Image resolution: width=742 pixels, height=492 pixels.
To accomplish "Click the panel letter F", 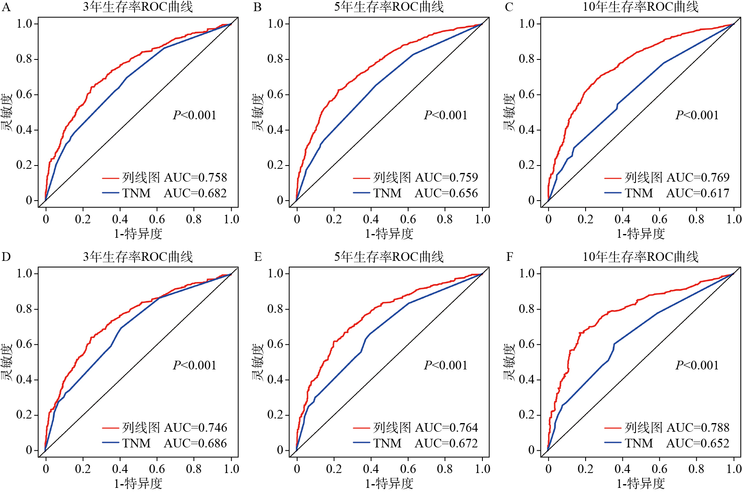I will (x=510, y=257).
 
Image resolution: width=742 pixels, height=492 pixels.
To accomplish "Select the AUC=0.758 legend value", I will (x=195, y=177).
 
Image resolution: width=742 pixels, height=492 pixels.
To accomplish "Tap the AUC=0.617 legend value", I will (x=698, y=193).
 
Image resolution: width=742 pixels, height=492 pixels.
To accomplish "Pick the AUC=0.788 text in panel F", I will (x=698, y=427).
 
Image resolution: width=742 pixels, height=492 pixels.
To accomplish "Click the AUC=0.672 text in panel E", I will (x=446, y=443).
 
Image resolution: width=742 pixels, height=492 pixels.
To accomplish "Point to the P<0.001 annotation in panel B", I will (x=446, y=115).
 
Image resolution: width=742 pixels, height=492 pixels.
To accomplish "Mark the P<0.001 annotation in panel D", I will (x=194, y=365).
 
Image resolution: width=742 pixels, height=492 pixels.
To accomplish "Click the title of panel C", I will (x=640, y=7).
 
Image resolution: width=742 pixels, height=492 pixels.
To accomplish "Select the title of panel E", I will (x=389, y=257).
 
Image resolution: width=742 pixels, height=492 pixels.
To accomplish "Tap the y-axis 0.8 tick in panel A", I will (x=24, y=59).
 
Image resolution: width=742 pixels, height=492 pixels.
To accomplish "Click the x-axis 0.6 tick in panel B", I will (x=408, y=219).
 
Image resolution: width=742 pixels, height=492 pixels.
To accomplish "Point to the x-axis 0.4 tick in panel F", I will (x=622, y=469).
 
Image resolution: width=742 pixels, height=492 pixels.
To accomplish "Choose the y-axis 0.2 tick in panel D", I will (x=24, y=414).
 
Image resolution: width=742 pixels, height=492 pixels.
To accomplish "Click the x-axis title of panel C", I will (x=640, y=234).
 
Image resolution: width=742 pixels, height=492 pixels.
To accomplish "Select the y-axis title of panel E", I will (x=258, y=362).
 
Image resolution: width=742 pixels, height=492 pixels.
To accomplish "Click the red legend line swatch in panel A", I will (x=111, y=178).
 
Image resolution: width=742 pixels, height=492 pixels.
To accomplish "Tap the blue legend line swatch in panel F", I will (x=613, y=443).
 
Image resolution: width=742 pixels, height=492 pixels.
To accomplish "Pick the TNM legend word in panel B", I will (x=388, y=193).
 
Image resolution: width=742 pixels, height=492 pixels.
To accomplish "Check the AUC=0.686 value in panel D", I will (x=195, y=443).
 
